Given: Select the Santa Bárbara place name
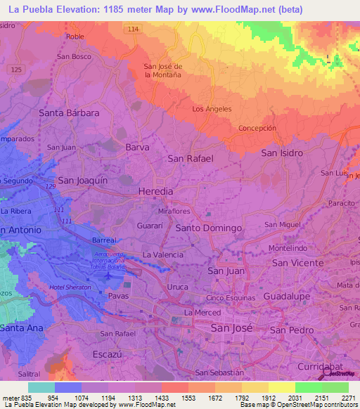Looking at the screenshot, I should [69, 112].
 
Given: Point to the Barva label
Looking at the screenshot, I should [138, 148].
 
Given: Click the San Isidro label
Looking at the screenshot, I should [282, 152].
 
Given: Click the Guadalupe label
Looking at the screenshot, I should [287, 297].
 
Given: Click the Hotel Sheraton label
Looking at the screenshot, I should [66, 288].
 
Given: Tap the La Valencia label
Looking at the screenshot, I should [163, 254].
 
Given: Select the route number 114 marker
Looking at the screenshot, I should [134, 30].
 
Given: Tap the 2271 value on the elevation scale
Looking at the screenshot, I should [346, 397].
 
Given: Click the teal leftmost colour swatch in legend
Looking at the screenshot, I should [41, 387].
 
